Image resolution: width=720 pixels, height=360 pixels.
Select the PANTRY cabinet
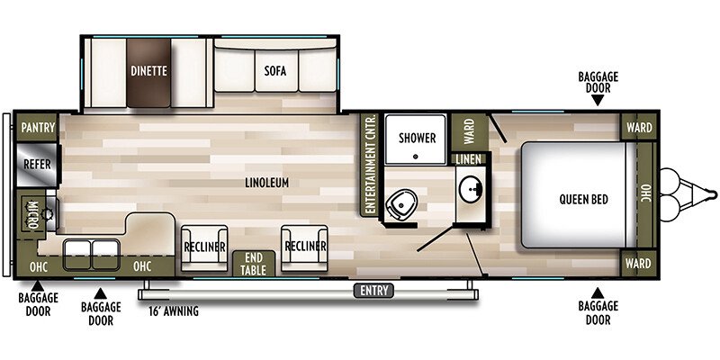[x=37, y=129]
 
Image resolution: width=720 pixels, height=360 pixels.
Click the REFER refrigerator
[x=37, y=165]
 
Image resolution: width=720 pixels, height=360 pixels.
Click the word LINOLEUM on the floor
[x=266, y=183]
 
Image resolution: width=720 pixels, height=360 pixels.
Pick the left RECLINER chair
[x=203, y=245]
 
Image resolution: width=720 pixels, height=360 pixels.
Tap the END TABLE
[x=253, y=264]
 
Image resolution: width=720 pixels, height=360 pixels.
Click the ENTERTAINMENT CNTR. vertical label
[x=368, y=164]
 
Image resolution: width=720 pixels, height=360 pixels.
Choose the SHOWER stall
[x=417, y=139]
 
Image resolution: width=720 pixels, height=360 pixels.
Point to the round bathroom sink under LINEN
[x=469, y=189]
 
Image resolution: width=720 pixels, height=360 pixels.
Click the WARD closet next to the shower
[x=468, y=134]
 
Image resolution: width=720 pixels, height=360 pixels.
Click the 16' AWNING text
[x=173, y=311]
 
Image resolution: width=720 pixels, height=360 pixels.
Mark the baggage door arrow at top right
[x=597, y=101]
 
